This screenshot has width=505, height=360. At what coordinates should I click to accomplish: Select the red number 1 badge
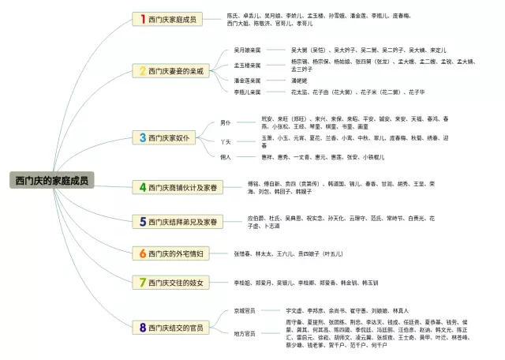(x=143, y=18)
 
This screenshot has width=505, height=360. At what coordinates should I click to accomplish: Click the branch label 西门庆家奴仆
(x=170, y=137)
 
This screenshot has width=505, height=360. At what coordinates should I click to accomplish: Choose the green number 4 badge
(x=143, y=187)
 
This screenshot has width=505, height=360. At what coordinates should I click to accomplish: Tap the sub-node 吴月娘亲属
(x=248, y=49)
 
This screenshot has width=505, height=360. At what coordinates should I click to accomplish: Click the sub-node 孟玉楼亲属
(x=248, y=65)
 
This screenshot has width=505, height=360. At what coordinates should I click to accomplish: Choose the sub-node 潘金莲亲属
(x=248, y=80)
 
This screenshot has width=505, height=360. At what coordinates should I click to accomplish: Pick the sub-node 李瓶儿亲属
(x=248, y=92)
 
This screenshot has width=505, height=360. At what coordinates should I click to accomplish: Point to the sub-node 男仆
(x=226, y=123)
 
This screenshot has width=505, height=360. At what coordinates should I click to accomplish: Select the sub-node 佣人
(x=226, y=157)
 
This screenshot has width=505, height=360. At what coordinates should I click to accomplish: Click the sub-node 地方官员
(x=245, y=333)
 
